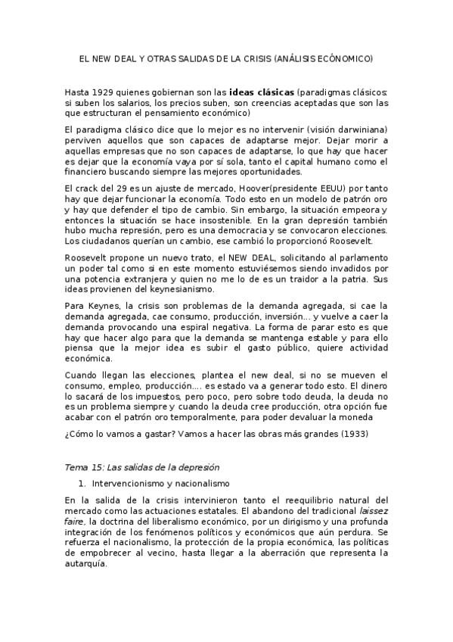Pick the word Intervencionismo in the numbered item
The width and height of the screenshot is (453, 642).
[132, 482]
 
